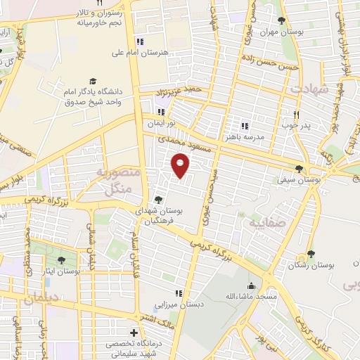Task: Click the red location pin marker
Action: pos(181,166)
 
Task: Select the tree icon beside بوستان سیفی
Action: pos(300,168)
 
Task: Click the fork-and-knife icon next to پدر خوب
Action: pos(296,114)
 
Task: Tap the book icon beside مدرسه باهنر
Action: pos(245,125)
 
